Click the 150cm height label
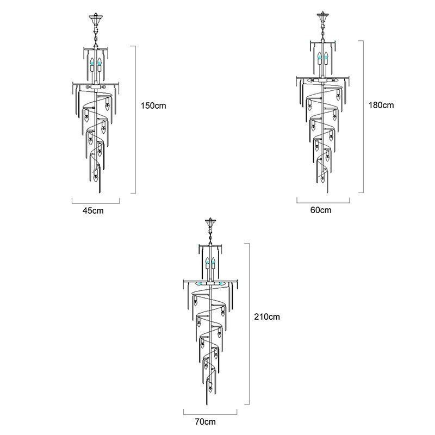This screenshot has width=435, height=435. [x=153, y=105]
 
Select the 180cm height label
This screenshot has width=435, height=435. [x=381, y=105]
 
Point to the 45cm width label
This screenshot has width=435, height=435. [x=92, y=210]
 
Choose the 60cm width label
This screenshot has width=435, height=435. [x=321, y=210]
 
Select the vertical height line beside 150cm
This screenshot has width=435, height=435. [x=135, y=120]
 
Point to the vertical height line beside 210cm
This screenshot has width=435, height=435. [x=249, y=324]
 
